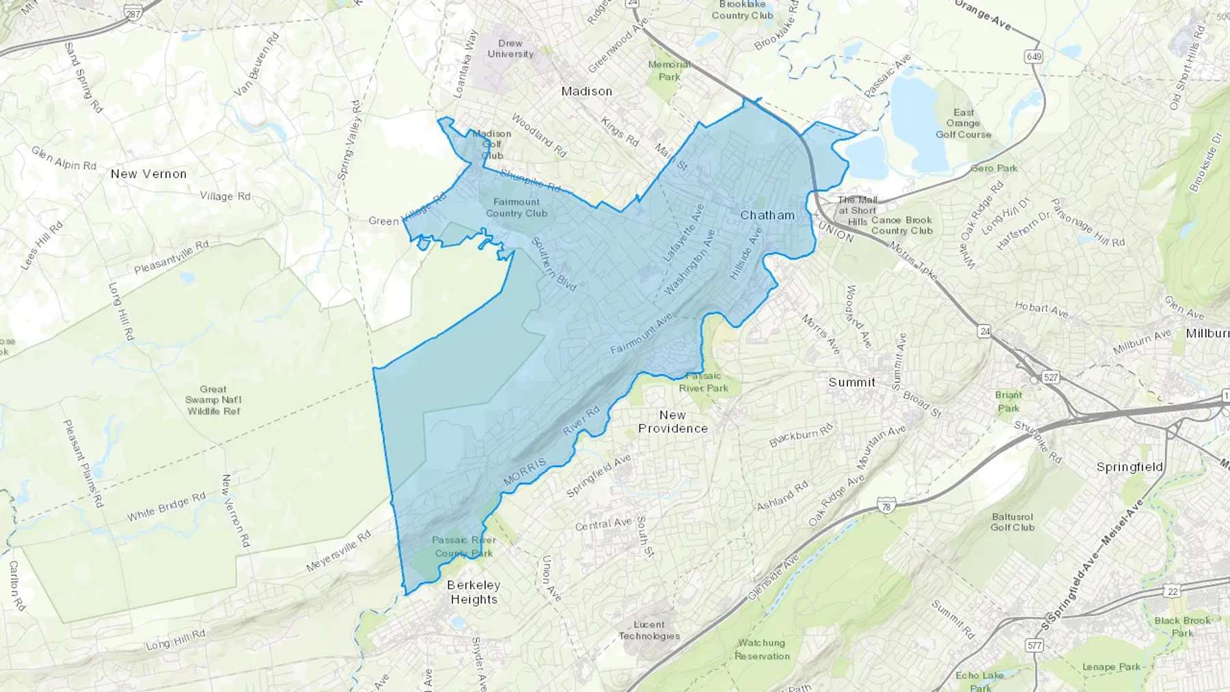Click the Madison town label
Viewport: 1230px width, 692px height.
click(x=586, y=91)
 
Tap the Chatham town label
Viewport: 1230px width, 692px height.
click(x=767, y=215)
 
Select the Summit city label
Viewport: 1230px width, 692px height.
click(x=851, y=382)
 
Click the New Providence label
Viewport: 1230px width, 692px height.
click(x=673, y=421)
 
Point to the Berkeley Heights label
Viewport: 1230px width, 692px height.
click(x=474, y=592)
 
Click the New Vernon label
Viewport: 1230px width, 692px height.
click(x=148, y=174)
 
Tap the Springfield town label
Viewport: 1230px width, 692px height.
click(x=1130, y=467)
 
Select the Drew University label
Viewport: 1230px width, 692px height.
click(x=510, y=49)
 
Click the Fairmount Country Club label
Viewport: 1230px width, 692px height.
click(x=517, y=208)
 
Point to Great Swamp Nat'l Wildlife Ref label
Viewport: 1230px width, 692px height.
click(x=213, y=400)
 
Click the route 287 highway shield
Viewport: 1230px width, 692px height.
click(x=133, y=14)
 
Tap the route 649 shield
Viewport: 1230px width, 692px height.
click(x=1033, y=56)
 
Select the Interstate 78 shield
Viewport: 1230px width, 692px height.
click(x=886, y=506)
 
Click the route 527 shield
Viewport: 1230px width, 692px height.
click(x=1050, y=377)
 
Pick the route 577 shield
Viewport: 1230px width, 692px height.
click(x=1034, y=645)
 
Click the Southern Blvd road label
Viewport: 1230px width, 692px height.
click(x=553, y=264)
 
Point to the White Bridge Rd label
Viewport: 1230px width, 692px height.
click(x=166, y=507)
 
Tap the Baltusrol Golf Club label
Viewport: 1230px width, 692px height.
click(x=1012, y=522)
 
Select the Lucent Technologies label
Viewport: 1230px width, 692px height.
click(x=649, y=630)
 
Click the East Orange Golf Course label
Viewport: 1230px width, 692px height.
click(x=963, y=124)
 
